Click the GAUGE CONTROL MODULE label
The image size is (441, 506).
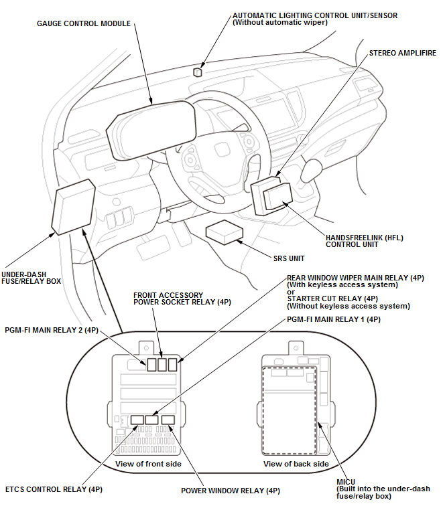[x=84, y=23]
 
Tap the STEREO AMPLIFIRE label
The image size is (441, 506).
[x=403, y=53]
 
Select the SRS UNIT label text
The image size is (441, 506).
[x=289, y=258]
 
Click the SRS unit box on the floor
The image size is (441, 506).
[x=225, y=232]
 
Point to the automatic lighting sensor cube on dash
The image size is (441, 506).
[x=198, y=72]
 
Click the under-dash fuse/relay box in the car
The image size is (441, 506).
[x=74, y=207]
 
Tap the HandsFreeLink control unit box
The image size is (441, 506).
[x=278, y=195]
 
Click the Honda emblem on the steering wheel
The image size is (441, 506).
[x=223, y=150]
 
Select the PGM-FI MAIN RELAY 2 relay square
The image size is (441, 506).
[x=151, y=365]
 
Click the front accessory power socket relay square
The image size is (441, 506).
[x=162, y=365]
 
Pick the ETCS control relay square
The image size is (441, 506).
[x=137, y=420]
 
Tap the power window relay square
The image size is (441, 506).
[x=168, y=420]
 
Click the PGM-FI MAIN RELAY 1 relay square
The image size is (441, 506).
[x=152, y=420]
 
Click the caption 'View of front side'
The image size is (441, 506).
[x=148, y=464]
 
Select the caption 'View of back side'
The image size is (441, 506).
[x=296, y=464]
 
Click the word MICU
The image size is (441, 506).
[x=346, y=482]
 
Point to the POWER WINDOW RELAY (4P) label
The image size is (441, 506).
[x=231, y=491]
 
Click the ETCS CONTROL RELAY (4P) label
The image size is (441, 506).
[x=54, y=489]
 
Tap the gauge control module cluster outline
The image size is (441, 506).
[x=152, y=131]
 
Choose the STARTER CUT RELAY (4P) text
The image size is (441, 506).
[x=332, y=299]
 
